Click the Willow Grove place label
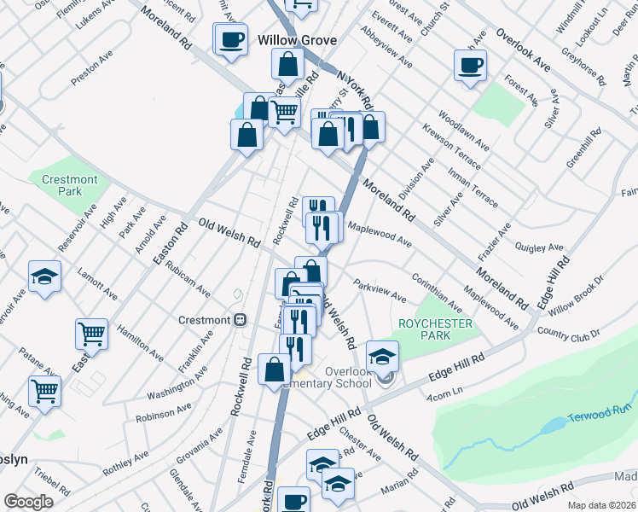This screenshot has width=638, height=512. coord(297,40)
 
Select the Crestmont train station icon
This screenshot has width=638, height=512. coord(241,320)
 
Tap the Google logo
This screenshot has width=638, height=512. coord(28,502)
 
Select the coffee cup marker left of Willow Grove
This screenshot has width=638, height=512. coord(230,38)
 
